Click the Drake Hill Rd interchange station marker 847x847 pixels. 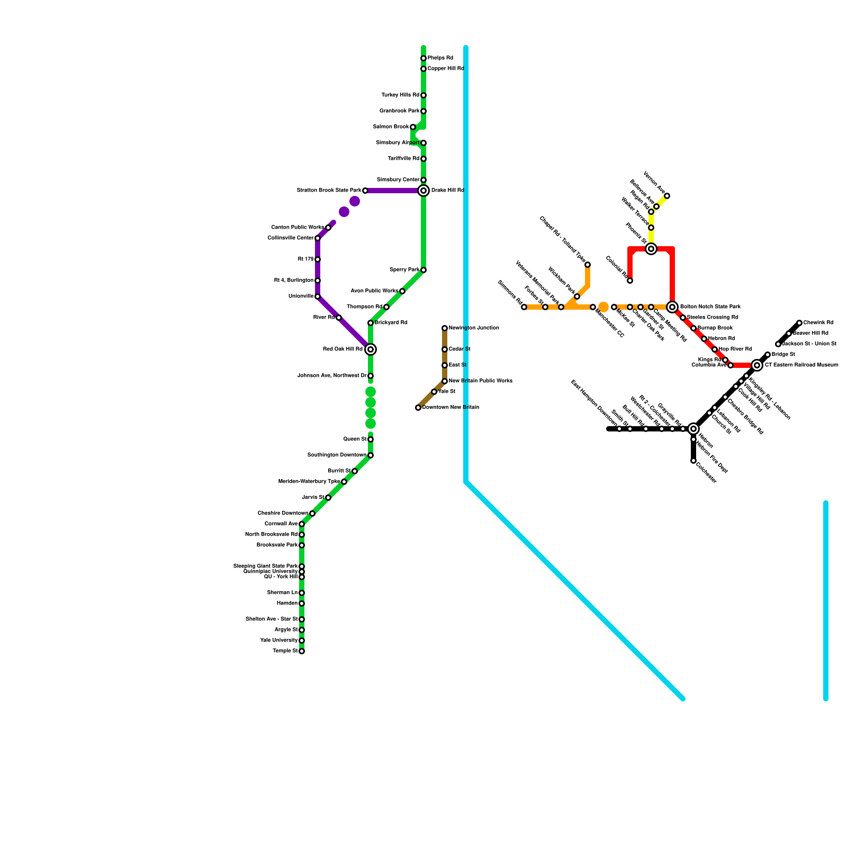point(424,191)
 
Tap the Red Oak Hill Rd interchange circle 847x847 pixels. point(371,349)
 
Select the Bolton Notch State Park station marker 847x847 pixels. point(672,307)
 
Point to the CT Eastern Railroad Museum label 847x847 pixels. point(801,365)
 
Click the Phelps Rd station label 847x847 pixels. point(440,58)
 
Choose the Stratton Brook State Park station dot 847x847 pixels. point(365,191)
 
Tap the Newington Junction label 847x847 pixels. point(473,328)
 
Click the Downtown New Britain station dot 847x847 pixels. point(418,408)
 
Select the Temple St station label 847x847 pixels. point(285,651)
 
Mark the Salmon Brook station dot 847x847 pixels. point(413,127)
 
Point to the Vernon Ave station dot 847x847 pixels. point(667,196)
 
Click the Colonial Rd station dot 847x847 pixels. point(630,281)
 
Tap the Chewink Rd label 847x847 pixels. point(818,323)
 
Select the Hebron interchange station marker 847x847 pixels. point(693,429)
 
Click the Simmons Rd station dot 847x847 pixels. point(524,307)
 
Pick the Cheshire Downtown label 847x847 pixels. point(283,513)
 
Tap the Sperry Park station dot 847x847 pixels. point(424,270)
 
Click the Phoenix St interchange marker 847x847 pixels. point(651,249)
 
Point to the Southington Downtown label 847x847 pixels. point(337,455)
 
